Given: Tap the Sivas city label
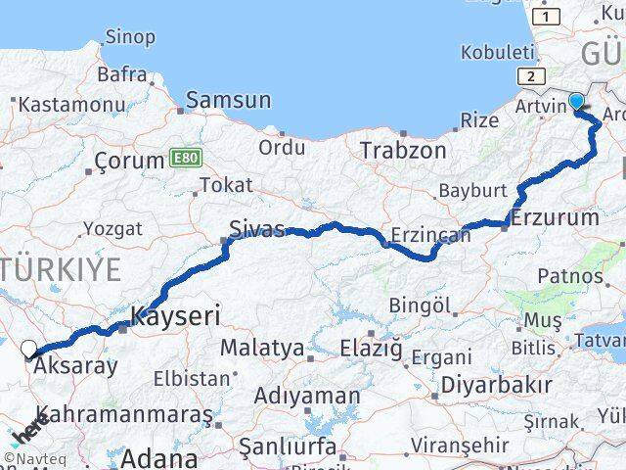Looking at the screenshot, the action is (x=256, y=229).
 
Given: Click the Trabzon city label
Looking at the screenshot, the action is (x=403, y=151).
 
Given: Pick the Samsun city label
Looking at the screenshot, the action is (x=228, y=100).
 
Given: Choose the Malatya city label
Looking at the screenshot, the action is (x=261, y=347).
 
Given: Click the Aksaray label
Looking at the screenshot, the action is (x=75, y=367).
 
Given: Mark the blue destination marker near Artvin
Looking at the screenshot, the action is (x=577, y=101).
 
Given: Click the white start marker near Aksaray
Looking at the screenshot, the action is (x=29, y=348).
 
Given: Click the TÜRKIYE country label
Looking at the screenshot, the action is (x=61, y=268).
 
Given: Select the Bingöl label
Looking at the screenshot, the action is (x=420, y=306).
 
